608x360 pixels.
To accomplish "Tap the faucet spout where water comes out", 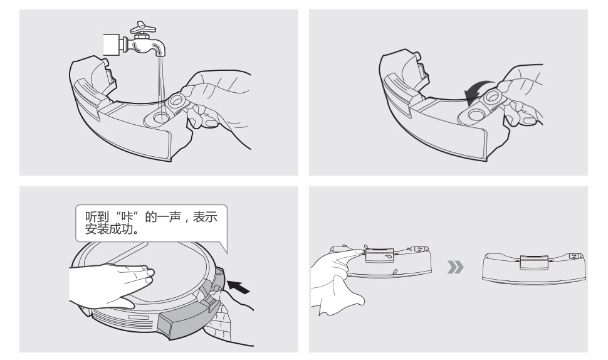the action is [162, 53].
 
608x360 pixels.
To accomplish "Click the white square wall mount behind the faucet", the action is [113, 45].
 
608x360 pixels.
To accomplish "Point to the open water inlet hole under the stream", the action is [160, 116].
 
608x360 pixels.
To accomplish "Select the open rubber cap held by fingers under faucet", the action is [178, 102].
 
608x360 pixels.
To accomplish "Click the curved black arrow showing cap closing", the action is [477, 92].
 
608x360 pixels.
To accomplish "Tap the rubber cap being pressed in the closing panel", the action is [493, 97].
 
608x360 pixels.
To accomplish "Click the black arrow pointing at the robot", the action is [238, 287].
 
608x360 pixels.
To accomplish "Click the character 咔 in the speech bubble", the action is [127, 217].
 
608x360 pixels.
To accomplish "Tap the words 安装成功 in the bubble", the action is [108, 230].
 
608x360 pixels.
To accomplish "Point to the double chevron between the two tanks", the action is [455, 267].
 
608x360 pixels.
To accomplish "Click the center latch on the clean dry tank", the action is [534, 262].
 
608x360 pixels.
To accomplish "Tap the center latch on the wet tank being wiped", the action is [380, 256].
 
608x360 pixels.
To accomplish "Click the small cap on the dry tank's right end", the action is [575, 256].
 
